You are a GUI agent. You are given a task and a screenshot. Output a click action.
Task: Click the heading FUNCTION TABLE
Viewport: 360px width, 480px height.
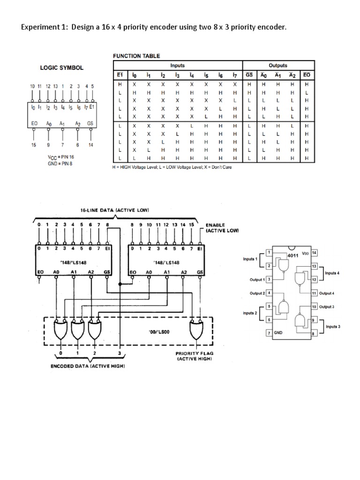(x=136, y=56)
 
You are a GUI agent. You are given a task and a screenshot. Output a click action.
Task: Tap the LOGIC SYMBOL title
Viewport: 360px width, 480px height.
(x=62, y=67)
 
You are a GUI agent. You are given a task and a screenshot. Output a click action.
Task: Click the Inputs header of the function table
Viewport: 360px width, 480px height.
(x=177, y=66)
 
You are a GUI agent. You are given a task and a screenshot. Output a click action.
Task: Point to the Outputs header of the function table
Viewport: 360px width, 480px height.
(x=278, y=66)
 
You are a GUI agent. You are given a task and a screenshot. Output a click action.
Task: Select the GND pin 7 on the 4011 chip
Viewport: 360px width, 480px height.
(x=269, y=332)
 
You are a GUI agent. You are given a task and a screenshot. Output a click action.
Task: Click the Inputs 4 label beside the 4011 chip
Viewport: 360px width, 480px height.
(x=332, y=272)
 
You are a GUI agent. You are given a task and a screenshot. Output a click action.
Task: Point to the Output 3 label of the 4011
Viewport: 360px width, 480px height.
(x=326, y=307)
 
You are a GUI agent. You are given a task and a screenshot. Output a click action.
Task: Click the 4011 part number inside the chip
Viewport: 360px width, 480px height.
(x=292, y=256)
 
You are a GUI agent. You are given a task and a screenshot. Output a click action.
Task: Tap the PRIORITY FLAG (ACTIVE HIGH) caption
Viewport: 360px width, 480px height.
(x=194, y=356)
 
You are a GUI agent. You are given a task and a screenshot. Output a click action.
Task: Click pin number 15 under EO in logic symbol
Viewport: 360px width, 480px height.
(x=33, y=145)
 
